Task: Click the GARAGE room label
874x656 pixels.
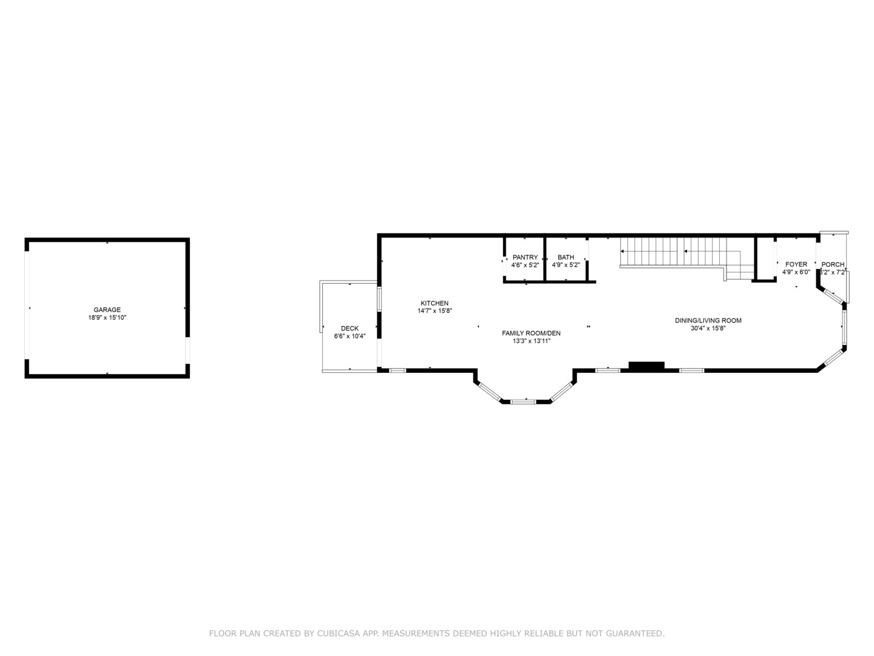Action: [107, 310]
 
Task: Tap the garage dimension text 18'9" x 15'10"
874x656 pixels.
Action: [107, 318]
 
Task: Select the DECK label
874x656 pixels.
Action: [350, 329]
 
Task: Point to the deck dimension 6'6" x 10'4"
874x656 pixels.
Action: [350, 336]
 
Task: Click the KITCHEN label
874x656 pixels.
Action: [435, 303]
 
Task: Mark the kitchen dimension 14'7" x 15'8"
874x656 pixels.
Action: [435, 311]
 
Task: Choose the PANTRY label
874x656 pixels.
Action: [525, 258]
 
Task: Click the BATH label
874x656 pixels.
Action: [566, 258]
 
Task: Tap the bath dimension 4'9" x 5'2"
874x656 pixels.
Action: [566, 265]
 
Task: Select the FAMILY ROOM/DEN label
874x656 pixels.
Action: [531, 333]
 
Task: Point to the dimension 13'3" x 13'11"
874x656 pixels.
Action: [531, 341]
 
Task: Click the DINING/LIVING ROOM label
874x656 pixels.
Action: [708, 321]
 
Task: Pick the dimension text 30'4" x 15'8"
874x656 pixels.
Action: [708, 329]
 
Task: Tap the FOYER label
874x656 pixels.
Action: [796, 264]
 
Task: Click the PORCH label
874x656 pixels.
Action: [833, 264]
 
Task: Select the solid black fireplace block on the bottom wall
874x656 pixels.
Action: [646, 366]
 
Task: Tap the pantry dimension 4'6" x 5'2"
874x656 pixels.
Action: [525, 265]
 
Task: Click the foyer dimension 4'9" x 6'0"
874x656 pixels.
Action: [796, 272]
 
